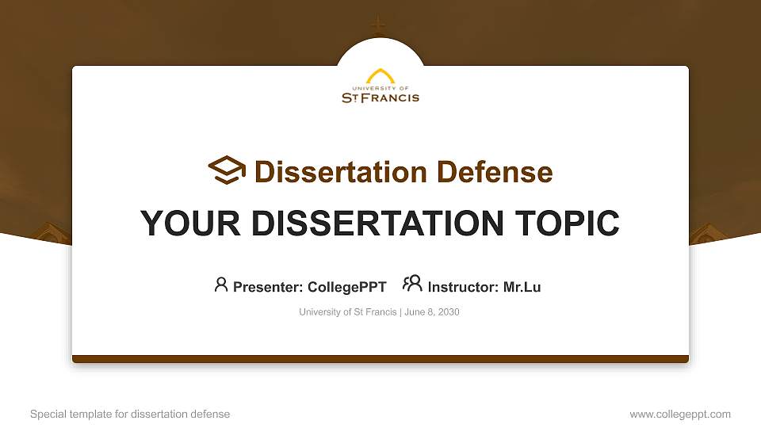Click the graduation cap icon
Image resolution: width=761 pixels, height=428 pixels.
228,170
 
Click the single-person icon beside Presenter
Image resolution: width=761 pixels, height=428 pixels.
221,285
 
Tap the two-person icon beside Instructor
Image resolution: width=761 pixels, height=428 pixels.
412,284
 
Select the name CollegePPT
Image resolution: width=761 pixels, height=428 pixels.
346,287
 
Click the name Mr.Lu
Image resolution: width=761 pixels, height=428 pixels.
522,287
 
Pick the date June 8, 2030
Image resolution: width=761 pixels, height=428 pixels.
432,312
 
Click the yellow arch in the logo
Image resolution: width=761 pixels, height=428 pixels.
380,76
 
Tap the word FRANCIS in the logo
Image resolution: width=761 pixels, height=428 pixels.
391,98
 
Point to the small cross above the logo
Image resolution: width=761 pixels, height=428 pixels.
379,25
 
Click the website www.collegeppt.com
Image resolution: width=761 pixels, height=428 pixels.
680,414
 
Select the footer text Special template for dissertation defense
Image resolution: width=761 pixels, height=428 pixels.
130,414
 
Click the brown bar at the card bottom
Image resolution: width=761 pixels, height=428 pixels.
380,359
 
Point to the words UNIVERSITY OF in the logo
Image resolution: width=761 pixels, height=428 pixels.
380,89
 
